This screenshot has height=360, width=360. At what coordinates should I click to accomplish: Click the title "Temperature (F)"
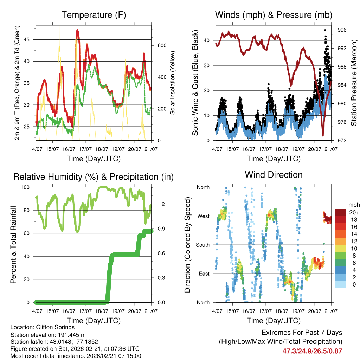point(94,15)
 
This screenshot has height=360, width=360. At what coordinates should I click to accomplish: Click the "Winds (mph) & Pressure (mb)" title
point(274,15)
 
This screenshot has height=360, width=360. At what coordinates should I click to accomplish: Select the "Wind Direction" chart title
point(274,174)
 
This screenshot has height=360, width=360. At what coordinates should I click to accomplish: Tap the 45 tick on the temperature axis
point(30,39)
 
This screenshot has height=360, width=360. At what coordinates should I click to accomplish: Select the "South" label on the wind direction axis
point(203,245)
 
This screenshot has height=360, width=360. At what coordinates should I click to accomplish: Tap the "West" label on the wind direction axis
point(204,216)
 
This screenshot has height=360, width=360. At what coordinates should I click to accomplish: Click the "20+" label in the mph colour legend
point(353,212)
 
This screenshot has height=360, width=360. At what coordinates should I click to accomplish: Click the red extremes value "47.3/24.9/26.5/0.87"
point(312,351)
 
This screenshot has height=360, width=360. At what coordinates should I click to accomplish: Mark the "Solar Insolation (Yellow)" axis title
point(173,83)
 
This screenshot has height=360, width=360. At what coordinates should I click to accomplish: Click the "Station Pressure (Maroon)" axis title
point(354,83)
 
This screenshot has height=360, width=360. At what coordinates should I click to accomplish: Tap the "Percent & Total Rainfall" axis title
point(13,244)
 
